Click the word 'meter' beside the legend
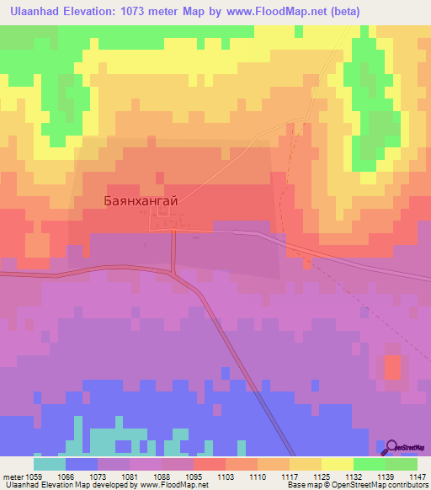click(14, 477)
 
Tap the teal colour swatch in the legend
click(50, 464)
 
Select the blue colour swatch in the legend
click(82, 464)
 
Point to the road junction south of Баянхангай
click(173, 272)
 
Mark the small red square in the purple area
click(392, 366)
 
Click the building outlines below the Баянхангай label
click(161, 221)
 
